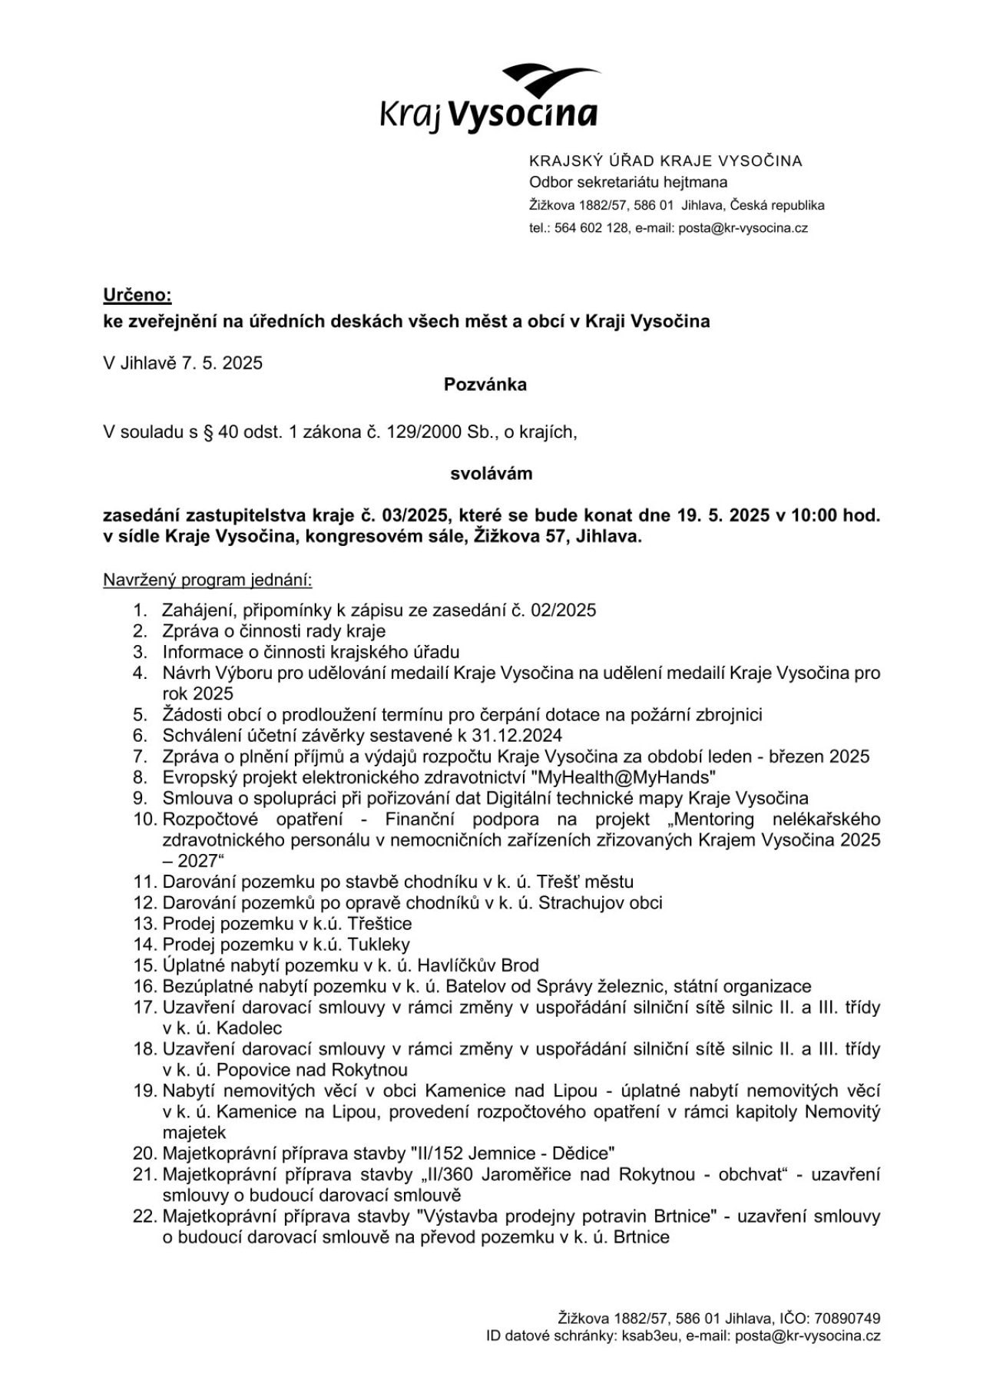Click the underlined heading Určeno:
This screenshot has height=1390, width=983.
coord(137,295)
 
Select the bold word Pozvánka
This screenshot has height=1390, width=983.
coord(485,384)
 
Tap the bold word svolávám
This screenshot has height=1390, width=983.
coord(491,473)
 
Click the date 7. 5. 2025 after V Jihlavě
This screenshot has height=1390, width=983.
coord(222,362)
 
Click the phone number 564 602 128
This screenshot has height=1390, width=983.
coord(591,228)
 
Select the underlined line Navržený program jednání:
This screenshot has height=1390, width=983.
coord(207,580)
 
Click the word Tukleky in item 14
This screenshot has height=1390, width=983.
coord(379,945)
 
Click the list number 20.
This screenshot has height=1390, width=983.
coord(144,1153)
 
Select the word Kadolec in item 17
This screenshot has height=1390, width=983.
coord(249,1028)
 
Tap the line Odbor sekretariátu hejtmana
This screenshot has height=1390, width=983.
coord(628,183)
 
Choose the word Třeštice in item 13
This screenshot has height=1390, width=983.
coord(379,924)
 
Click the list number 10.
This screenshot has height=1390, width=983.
coord(144,819)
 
